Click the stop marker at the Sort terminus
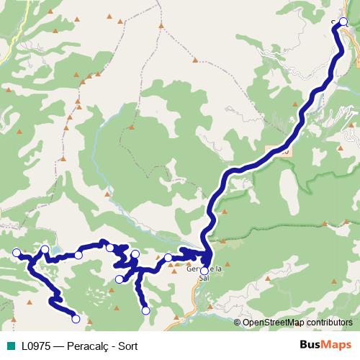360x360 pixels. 343,22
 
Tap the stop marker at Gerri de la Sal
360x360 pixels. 204,271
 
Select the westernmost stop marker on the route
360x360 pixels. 17,252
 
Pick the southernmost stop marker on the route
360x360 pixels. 76,318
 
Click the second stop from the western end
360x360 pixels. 45,250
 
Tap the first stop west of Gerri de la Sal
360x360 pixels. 168,258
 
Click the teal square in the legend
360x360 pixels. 11,345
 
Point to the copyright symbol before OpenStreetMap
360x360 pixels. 238,323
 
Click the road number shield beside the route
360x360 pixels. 281,151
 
